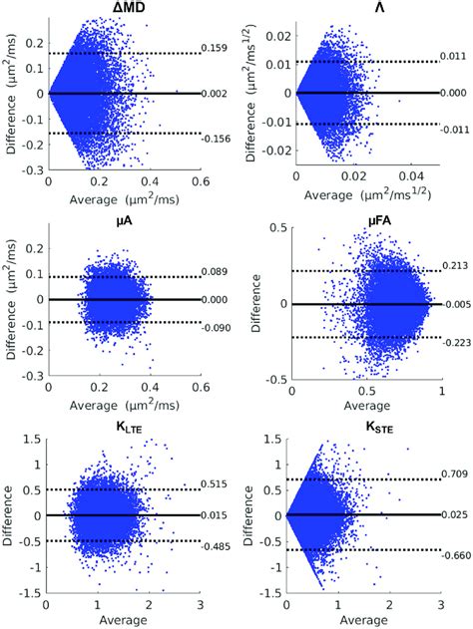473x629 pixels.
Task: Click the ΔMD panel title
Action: (x=125, y=10)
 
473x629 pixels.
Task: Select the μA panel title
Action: (x=125, y=221)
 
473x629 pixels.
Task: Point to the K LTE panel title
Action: (x=125, y=433)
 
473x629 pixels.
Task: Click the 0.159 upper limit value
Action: (x=215, y=47)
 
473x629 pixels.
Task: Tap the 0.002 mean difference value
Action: (x=215, y=93)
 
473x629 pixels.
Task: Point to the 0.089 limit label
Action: (x=215, y=271)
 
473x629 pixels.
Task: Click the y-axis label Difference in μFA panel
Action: (x=251, y=304)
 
